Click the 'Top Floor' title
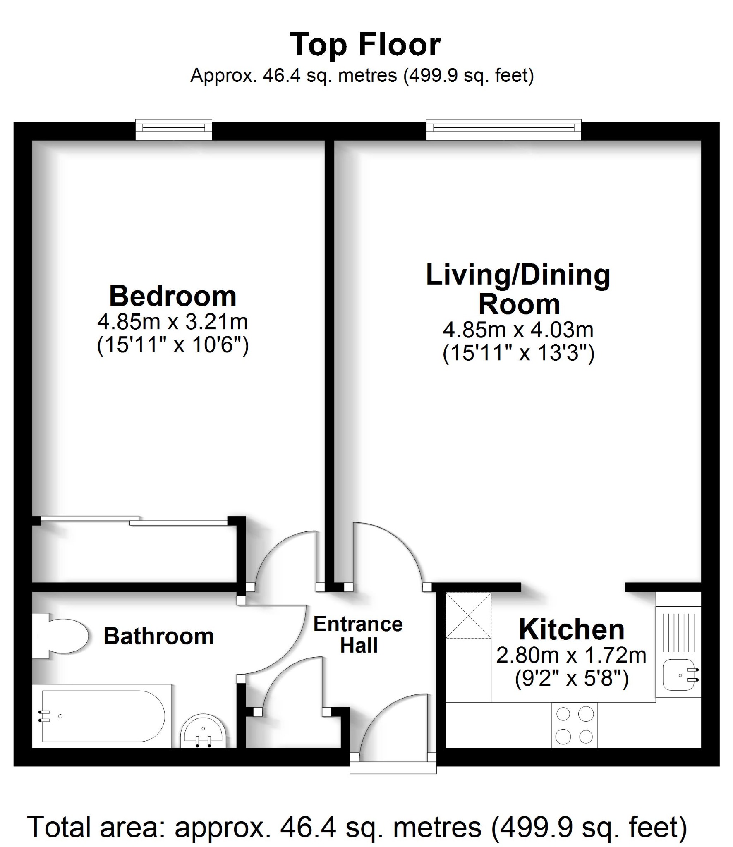coord(366,45)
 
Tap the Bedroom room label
coord(172,296)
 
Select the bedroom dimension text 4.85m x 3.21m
coord(172,322)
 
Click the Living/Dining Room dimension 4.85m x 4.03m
coord(518,330)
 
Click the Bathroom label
coord(158,636)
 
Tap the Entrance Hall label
coord(358,635)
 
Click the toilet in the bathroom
coord(62,636)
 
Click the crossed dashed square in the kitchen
coord(468,615)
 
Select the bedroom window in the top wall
coord(174,127)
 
